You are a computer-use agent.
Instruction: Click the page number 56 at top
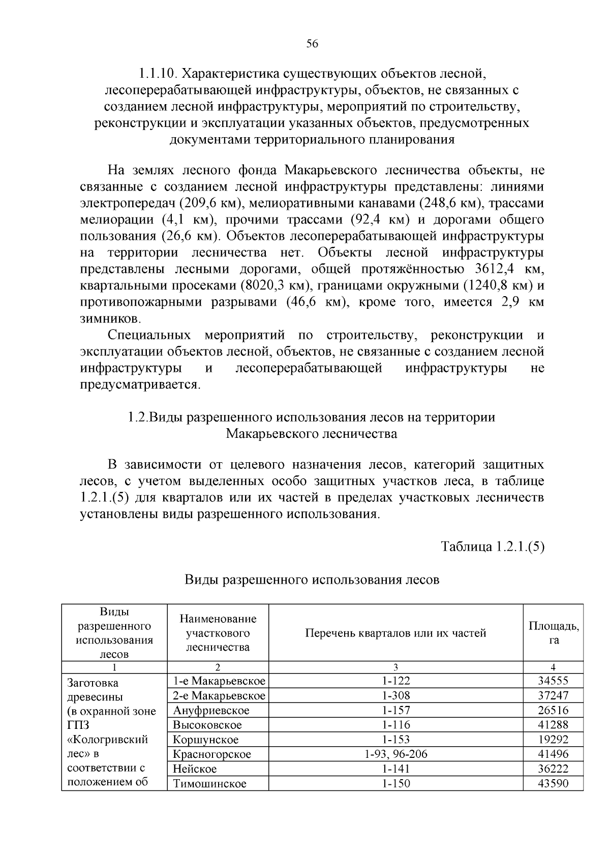312,44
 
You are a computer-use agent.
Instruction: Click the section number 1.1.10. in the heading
157,74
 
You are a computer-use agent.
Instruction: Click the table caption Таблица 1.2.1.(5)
493,547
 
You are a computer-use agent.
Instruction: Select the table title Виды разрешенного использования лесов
312,579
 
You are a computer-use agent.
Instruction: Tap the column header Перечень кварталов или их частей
395,632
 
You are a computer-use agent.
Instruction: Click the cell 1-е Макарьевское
219,681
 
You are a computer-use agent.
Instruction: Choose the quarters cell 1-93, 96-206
396,754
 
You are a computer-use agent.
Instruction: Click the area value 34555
553,681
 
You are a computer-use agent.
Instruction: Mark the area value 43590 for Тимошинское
553,783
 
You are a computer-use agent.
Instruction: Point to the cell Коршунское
205,740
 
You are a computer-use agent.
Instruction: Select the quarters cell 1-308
396,695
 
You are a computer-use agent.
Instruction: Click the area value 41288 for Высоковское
553,725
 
